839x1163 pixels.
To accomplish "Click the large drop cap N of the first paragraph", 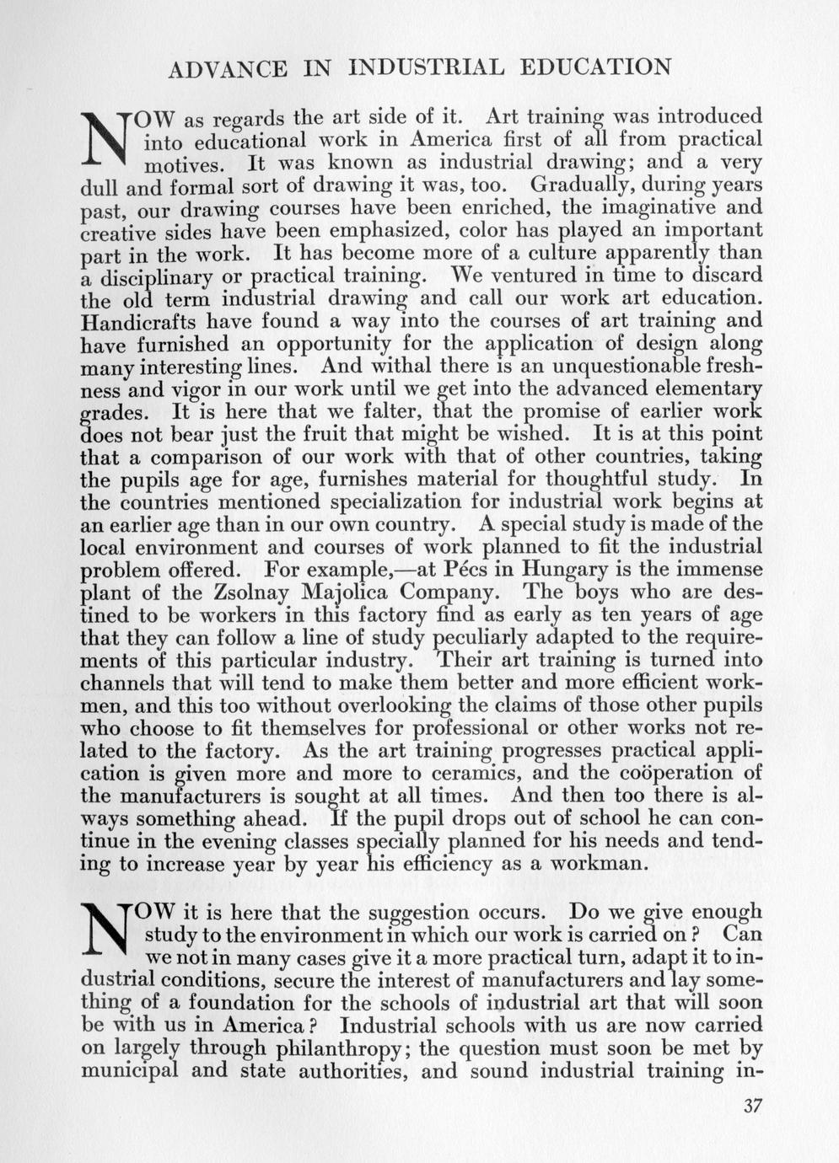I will [106, 137].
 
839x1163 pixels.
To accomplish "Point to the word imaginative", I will [643, 206].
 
